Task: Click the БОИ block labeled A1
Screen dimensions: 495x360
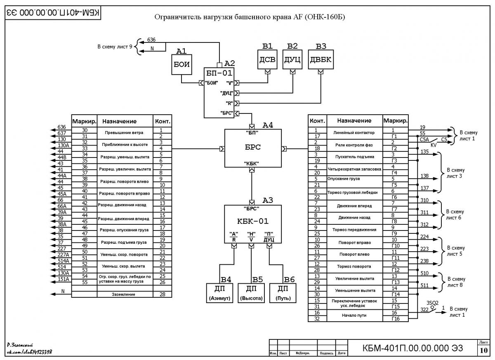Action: pos(181,64)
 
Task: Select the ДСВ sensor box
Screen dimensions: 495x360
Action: pos(267,59)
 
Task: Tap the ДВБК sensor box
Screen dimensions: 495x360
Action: pos(321,59)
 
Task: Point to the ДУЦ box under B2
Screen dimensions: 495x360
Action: pos(292,59)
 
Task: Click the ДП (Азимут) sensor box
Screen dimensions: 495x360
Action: pos(219,293)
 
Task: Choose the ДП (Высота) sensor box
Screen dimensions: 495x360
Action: pos(251,293)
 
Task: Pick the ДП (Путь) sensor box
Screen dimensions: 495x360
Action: pos(283,293)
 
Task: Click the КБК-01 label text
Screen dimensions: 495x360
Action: pos(253,221)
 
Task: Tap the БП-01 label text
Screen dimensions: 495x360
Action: pos(219,73)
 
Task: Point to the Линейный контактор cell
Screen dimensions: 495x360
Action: pos(354,133)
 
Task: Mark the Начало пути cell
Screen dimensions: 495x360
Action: pos(354,315)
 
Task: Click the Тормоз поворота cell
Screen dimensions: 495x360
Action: pos(354,266)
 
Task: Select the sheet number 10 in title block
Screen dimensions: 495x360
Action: pos(484,350)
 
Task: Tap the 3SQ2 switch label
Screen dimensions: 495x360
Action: pos(432,303)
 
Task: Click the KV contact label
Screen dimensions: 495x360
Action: pos(434,145)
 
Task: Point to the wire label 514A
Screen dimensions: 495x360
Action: pos(64,261)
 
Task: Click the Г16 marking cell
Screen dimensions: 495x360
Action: pos(396,318)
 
